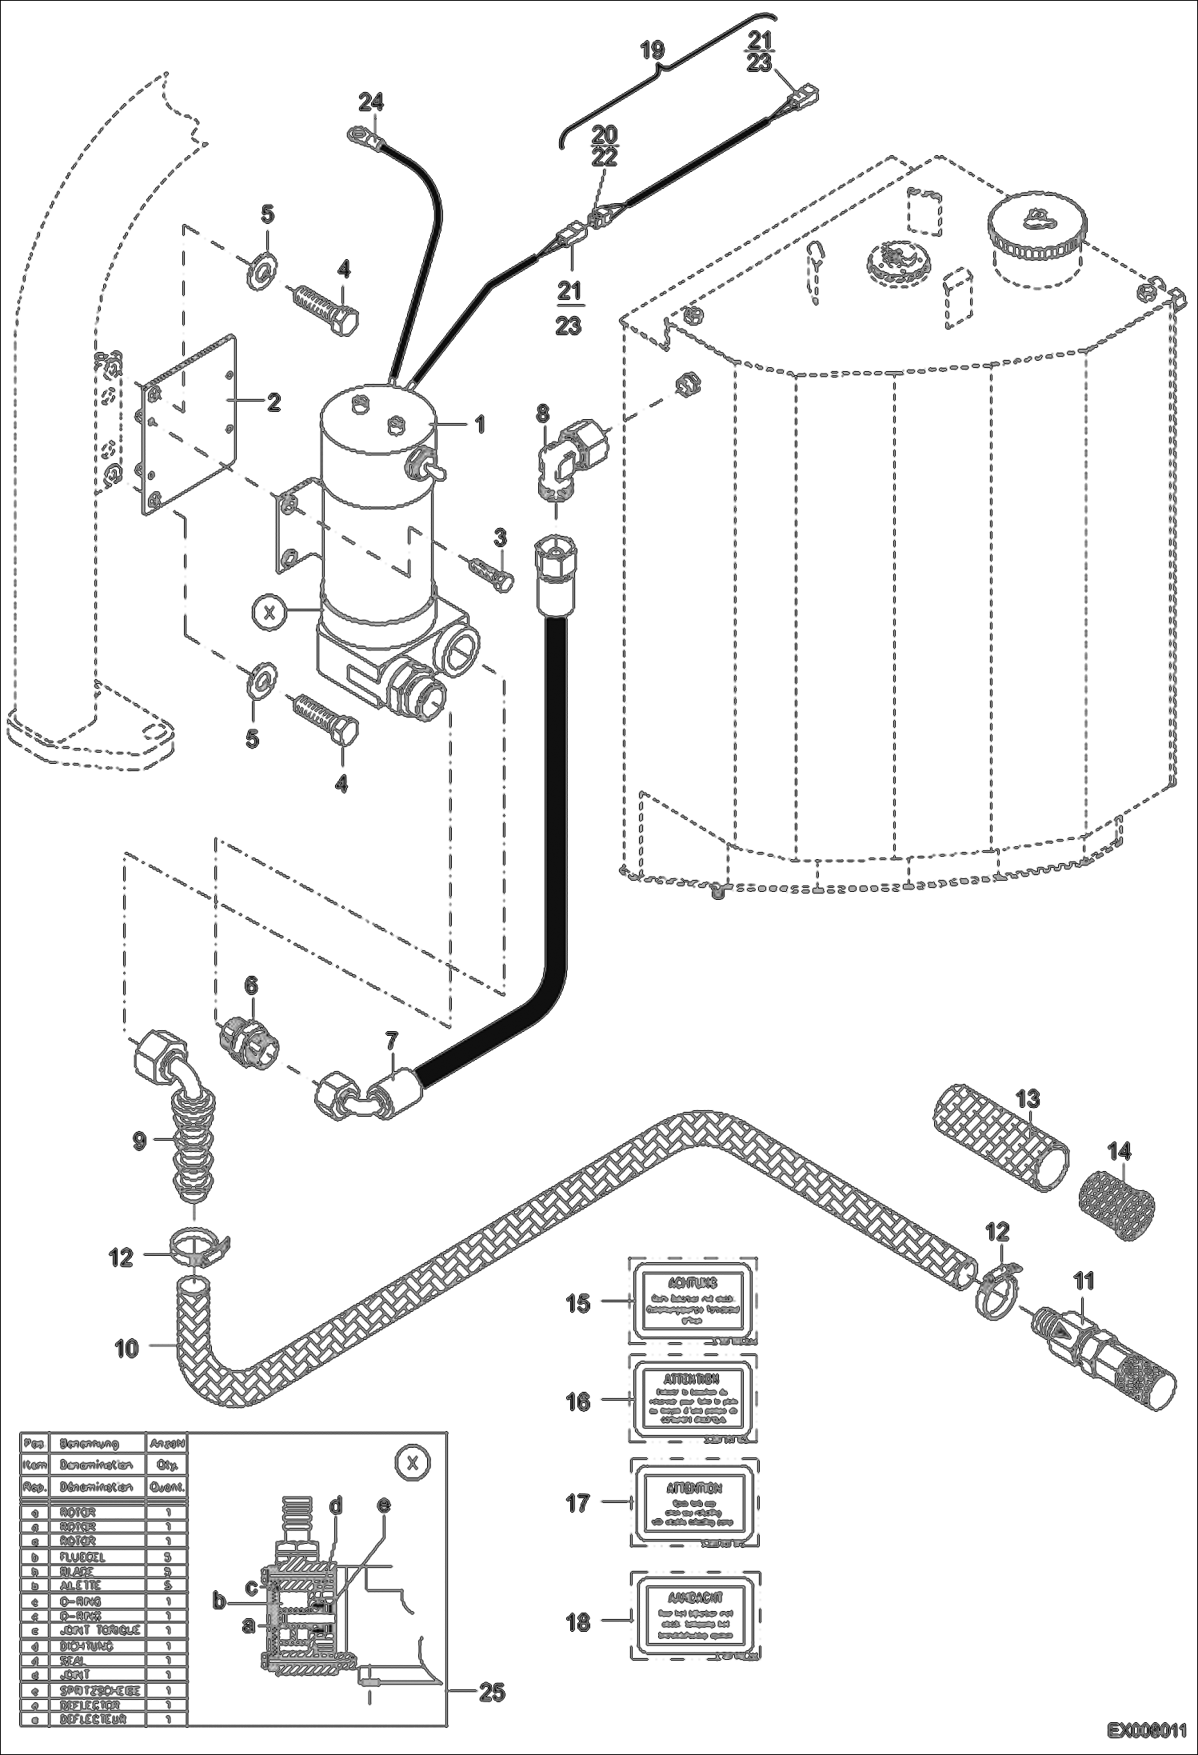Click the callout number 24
pos(371,102)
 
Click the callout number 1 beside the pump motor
pos(480,425)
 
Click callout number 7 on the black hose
pos(390,1041)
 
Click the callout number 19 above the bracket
pos(653,50)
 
